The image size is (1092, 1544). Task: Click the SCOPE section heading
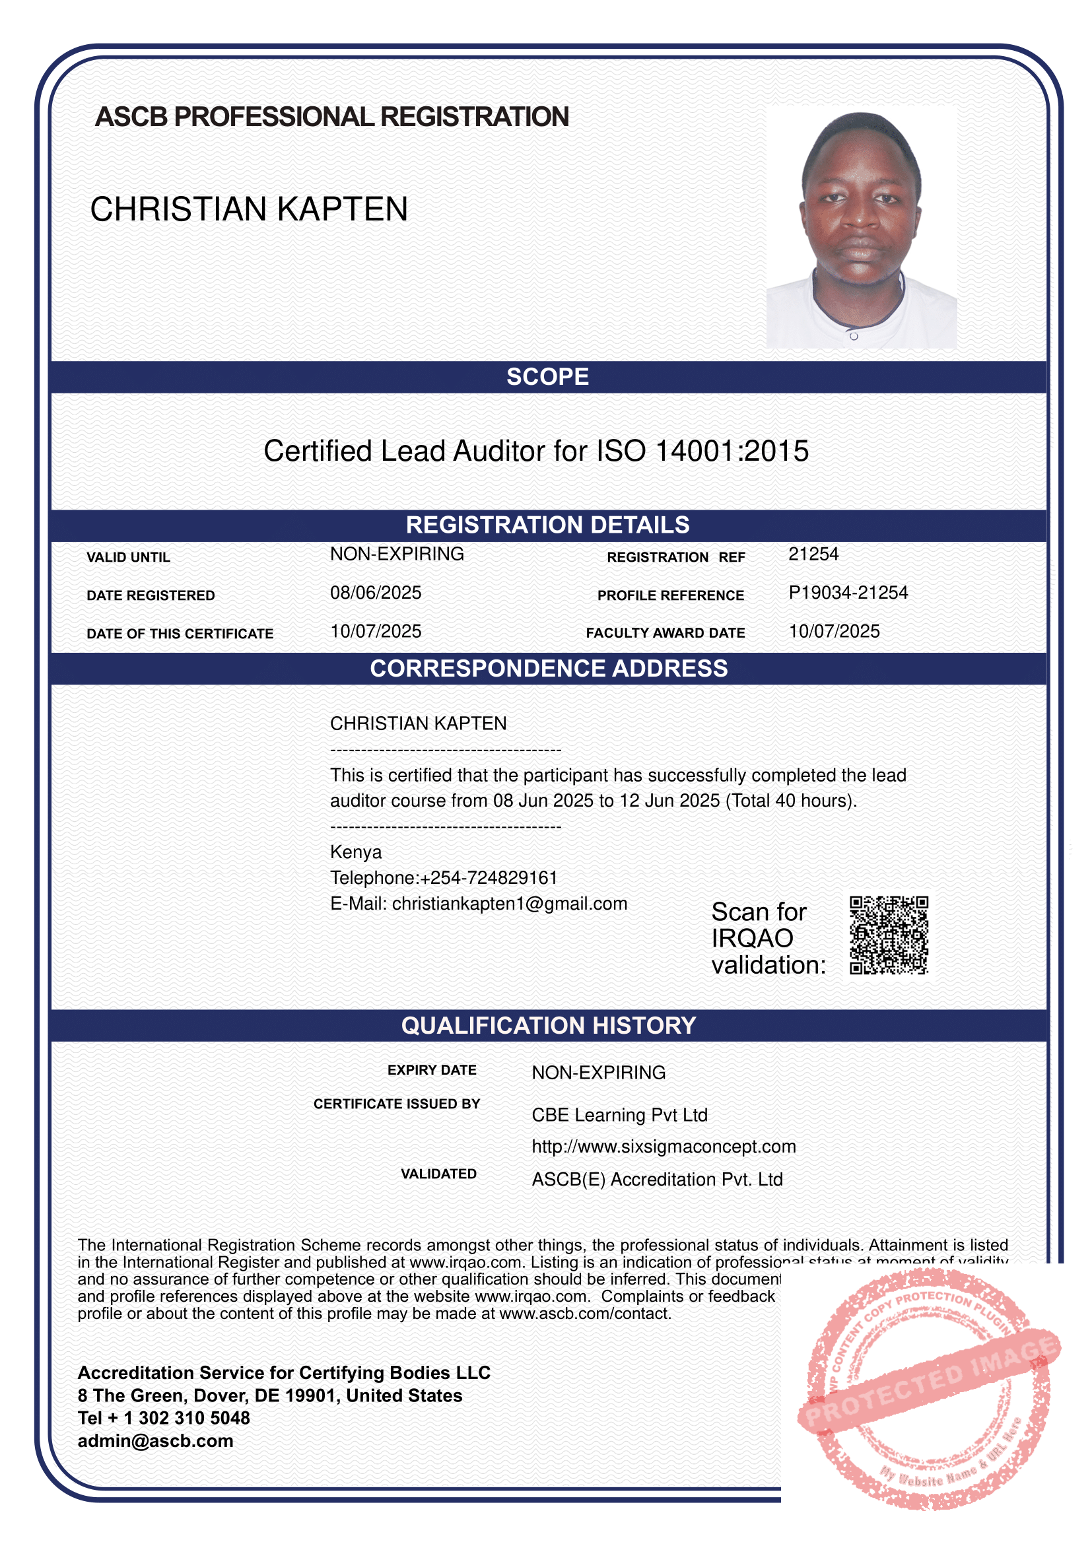[x=547, y=376]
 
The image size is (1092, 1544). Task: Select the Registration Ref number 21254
[x=813, y=554]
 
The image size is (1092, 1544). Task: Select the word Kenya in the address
[x=356, y=852]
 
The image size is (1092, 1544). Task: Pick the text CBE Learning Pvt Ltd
[x=619, y=1115]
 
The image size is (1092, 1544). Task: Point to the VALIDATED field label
[x=438, y=1174]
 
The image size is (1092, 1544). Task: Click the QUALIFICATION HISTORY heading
[x=548, y=1026]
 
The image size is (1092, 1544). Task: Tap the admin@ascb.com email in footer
[x=155, y=1441]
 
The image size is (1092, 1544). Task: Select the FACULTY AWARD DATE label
[x=665, y=633]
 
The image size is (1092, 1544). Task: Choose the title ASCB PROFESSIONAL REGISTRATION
[x=332, y=117]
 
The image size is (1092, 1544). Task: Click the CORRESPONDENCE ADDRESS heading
[x=549, y=669]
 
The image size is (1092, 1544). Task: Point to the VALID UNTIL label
[x=129, y=558]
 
